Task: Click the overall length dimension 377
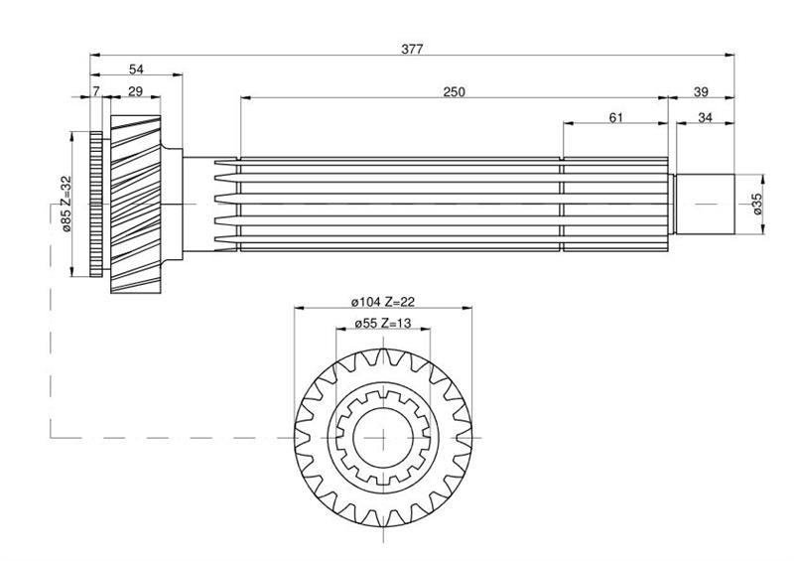[x=412, y=50]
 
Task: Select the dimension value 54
[x=136, y=69]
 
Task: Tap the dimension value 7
[x=96, y=91]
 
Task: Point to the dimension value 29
[x=135, y=91]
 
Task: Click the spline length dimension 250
[x=454, y=91]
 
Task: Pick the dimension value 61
[x=615, y=117]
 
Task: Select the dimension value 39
[x=701, y=91]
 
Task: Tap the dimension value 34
[x=705, y=117]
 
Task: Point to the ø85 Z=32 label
[x=66, y=204]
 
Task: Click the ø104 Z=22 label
[x=383, y=302]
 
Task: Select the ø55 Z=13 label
[x=383, y=323]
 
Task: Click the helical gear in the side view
[x=136, y=204]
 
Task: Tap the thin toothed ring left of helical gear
[x=96, y=204]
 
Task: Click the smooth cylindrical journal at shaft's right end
[x=705, y=204]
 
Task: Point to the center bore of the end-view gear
[x=383, y=437]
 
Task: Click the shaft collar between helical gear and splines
[x=172, y=204]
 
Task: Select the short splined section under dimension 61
[x=615, y=204]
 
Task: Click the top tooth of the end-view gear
[x=383, y=355]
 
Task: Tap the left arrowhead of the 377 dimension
[x=94, y=55]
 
